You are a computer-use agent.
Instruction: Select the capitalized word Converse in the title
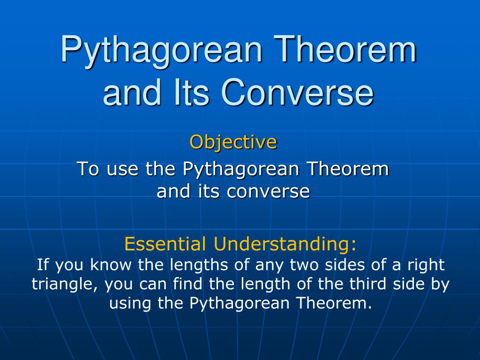(297, 91)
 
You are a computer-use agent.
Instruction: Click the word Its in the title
(192, 91)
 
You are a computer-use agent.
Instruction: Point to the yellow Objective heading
(233, 142)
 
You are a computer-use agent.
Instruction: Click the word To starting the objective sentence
(88, 169)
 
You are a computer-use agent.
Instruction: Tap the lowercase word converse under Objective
(268, 192)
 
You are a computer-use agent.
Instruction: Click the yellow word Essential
(165, 244)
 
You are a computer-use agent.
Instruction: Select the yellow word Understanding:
(285, 244)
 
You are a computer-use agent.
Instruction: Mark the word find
(187, 284)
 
